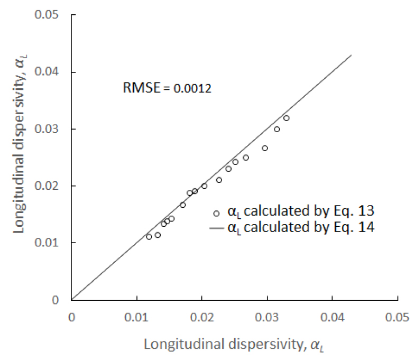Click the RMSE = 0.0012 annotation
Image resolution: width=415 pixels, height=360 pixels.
click(x=167, y=89)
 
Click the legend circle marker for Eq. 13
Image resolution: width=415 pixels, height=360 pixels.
click(x=216, y=214)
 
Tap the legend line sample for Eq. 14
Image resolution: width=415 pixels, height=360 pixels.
click(x=216, y=229)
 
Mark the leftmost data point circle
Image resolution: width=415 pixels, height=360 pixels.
click(x=149, y=236)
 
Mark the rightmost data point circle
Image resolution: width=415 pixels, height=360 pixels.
click(x=287, y=118)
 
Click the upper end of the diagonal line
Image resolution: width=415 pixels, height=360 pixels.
click(x=351, y=54)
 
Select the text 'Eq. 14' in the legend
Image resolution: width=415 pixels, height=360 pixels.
click(x=360, y=228)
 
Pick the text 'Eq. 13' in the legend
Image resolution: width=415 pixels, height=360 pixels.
click(x=360, y=213)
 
